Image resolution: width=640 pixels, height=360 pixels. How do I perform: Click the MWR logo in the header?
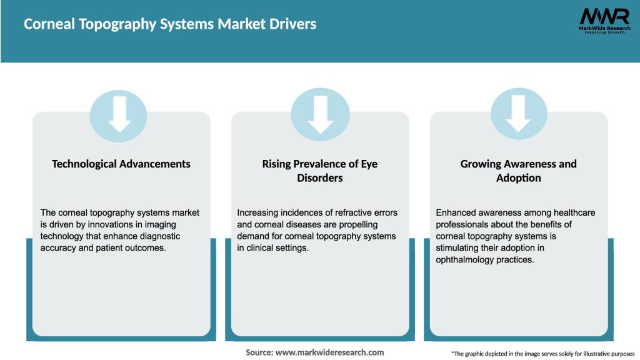[604, 20]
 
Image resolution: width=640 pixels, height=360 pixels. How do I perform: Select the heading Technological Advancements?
[121, 164]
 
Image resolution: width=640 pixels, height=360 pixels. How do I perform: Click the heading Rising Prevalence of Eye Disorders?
[320, 171]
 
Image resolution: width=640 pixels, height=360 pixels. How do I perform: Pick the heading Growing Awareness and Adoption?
[518, 171]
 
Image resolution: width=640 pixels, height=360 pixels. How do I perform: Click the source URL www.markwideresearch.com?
[329, 352]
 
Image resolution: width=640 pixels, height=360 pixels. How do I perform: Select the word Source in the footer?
[259, 352]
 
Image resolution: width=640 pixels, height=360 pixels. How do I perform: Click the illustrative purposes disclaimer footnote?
[542, 354]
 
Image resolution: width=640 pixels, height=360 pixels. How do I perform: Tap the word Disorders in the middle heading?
[320, 178]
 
